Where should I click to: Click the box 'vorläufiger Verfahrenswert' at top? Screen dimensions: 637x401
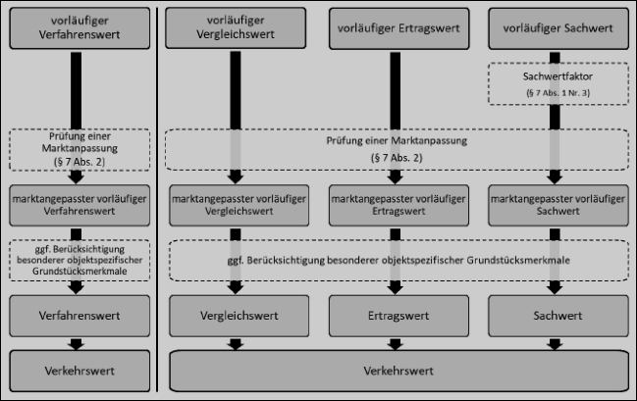point(80,28)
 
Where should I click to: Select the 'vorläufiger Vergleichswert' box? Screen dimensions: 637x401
point(236,27)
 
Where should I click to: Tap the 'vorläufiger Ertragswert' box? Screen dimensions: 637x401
point(398,28)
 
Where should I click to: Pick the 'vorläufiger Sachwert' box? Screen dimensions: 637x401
point(558,28)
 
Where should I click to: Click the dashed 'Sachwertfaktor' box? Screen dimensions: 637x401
point(558,83)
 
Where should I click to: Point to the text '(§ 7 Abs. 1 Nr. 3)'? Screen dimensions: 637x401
point(558,93)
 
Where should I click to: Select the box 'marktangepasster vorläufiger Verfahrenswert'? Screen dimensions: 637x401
point(80,205)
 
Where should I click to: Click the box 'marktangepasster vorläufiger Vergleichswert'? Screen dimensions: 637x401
point(239,205)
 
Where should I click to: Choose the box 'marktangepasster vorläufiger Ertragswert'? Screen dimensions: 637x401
point(398,205)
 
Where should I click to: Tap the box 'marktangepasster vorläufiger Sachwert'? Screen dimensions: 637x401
point(558,205)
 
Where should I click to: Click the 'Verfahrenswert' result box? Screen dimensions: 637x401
point(80,316)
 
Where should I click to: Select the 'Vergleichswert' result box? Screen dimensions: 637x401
point(239,316)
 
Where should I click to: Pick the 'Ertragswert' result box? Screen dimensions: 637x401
point(398,316)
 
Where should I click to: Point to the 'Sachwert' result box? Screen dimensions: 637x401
point(558,316)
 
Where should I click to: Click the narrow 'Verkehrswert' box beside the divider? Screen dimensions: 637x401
point(80,371)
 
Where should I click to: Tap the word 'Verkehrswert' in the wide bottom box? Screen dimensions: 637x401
point(398,371)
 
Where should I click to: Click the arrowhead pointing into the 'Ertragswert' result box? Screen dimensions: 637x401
point(396,288)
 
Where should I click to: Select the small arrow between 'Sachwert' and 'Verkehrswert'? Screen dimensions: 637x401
point(555,344)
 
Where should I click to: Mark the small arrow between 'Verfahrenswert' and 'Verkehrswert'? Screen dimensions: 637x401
point(76,344)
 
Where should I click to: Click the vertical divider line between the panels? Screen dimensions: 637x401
point(157,200)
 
